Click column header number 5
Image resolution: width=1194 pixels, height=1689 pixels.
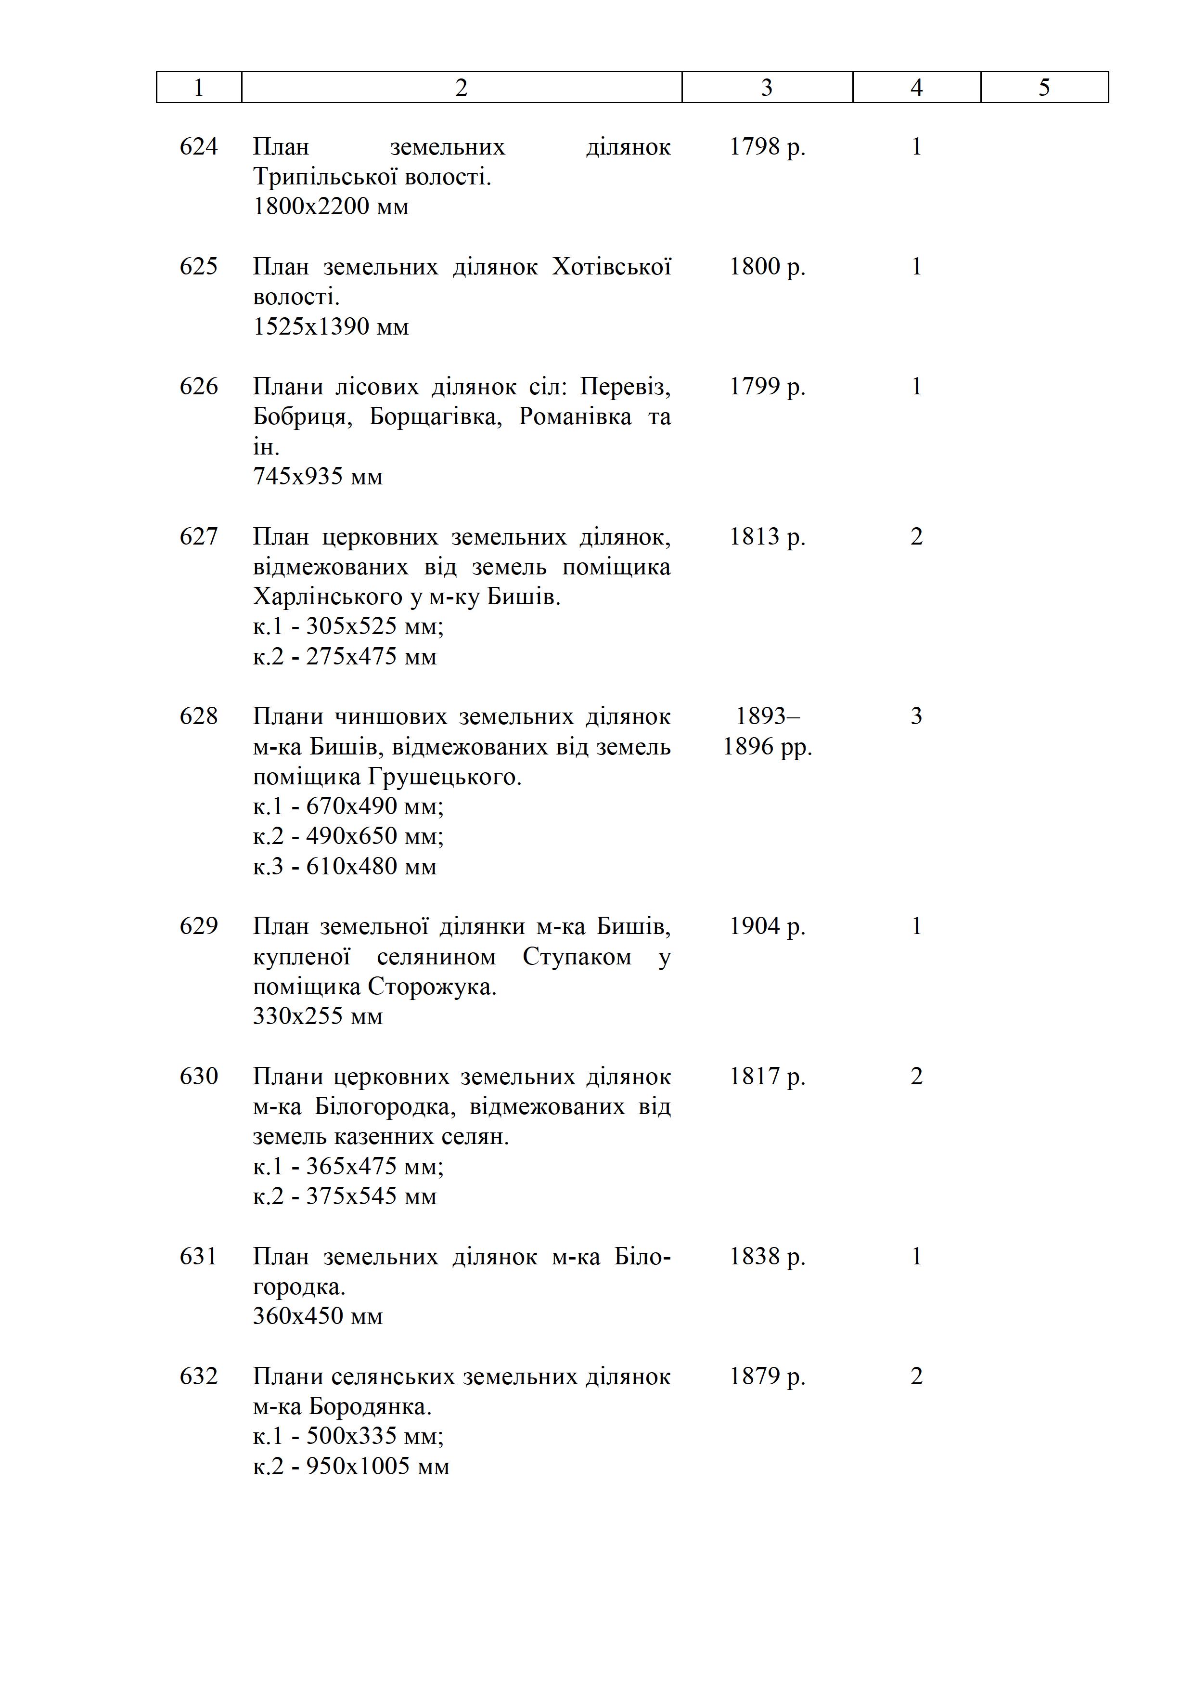[x=1044, y=88]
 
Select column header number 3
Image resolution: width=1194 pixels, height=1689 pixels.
[x=766, y=88]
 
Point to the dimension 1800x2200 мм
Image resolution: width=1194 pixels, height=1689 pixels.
[x=330, y=207]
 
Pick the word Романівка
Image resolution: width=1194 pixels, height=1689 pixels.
[x=575, y=416]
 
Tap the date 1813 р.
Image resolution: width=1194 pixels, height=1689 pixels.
[x=767, y=536]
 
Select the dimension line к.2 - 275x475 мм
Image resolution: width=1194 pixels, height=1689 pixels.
[x=344, y=656]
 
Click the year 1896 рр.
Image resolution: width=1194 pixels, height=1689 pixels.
[x=767, y=747]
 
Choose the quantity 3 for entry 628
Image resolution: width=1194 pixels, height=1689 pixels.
[x=916, y=716]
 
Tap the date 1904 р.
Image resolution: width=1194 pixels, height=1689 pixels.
[x=767, y=926]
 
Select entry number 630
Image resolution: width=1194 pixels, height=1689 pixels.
[x=198, y=1076]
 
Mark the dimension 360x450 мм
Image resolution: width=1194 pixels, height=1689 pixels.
[x=318, y=1316]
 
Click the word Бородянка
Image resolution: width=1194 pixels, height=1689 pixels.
[x=370, y=1406]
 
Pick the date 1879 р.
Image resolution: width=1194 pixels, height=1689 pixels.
[x=767, y=1377]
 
